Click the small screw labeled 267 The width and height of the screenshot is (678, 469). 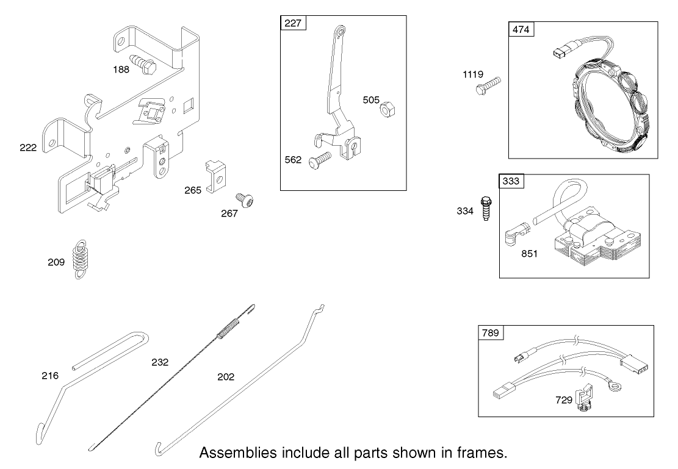coord(245,201)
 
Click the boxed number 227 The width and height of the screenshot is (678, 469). coord(292,24)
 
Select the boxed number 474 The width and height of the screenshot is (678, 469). coord(521,29)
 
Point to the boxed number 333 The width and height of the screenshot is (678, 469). coord(511,181)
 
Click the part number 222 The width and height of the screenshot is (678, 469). coord(28,148)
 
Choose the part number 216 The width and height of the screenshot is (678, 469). coord(50,376)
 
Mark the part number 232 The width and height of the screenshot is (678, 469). coord(160,362)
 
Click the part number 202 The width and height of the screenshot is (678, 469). coord(226,377)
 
